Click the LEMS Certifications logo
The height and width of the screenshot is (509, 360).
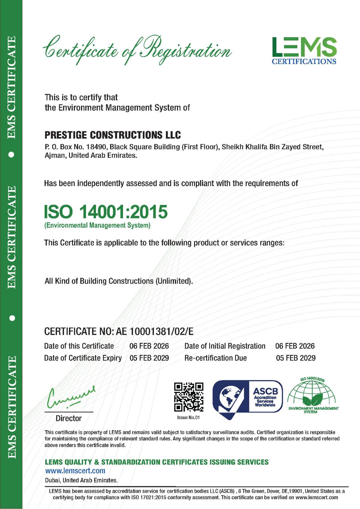tap(304, 51)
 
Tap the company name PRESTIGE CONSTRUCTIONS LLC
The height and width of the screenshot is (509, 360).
tap(113, 135)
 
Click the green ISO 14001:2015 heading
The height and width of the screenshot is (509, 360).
tap(106, 212)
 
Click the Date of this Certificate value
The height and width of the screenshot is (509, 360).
tap(149, 346)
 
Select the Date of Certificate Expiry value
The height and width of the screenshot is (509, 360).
tap(149, 358)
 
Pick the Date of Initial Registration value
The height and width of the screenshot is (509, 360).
tap(295, 346)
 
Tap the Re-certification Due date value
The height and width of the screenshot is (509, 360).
tap(295, 358)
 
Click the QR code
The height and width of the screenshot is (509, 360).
tap(189, 397)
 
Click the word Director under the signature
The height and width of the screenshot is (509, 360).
tap(69, 418)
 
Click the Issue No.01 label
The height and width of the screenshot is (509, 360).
tap(188, 418)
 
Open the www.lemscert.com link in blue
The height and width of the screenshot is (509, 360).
tap(75, 471)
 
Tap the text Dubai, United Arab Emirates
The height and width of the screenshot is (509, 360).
tap(81, 480)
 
